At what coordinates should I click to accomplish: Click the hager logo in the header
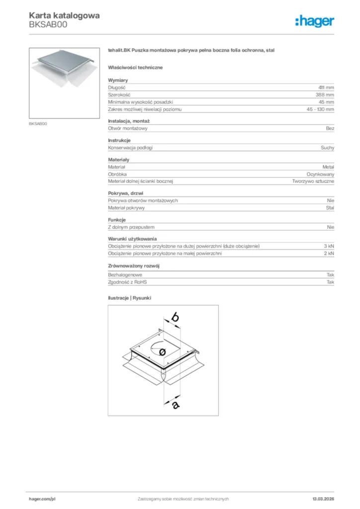click(315, 21)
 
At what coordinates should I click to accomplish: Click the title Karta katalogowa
click(64, 15)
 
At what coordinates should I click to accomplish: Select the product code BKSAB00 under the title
click(48, 24)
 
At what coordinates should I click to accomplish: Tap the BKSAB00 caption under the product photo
click(38, 123)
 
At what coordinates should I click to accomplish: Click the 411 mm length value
click(326, 87)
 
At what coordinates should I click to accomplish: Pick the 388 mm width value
click(325, 94)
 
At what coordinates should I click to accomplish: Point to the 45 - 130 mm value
click(320, 109)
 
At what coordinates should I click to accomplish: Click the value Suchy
click(327, 148)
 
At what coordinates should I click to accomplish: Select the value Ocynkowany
click(320, 174)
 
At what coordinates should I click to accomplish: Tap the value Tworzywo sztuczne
click(313, 181)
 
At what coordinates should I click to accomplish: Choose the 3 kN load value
click(329, 246)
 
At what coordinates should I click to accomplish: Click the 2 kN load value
click(329, 254)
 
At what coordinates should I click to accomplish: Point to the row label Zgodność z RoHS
click(127, 282)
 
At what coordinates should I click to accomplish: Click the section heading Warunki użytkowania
click(132, 239)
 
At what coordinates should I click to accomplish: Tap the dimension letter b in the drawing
click(175, 317)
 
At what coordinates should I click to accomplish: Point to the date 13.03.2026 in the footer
click(323, 499)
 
